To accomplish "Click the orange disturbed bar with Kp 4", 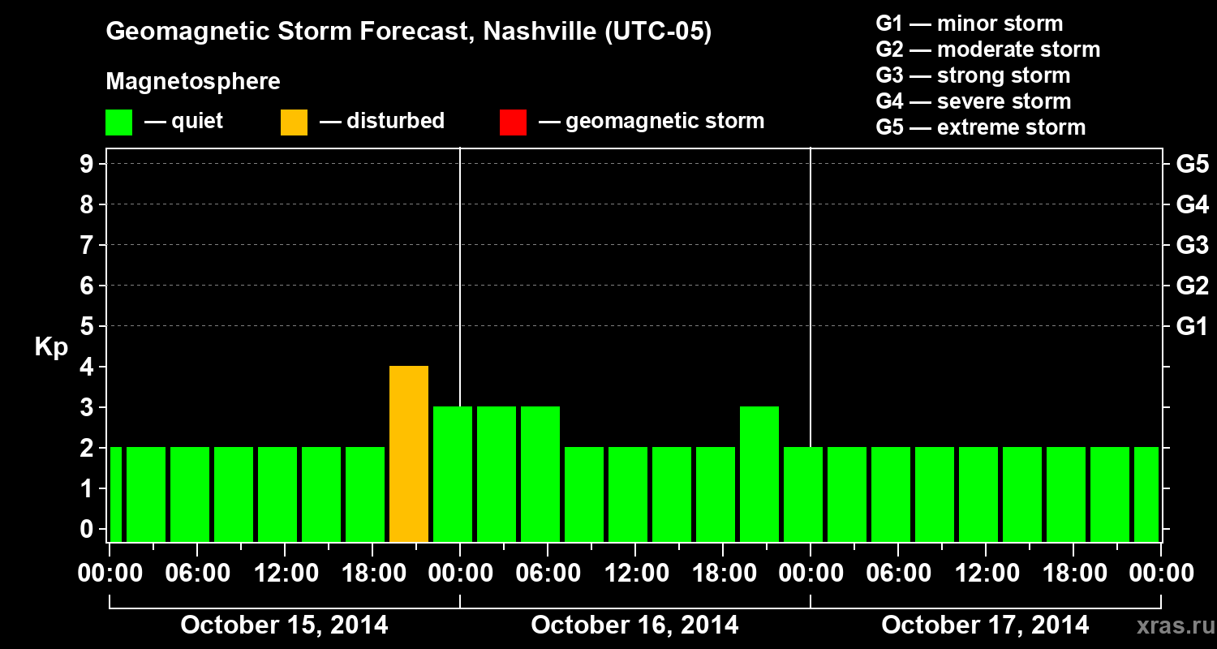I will [409, 453].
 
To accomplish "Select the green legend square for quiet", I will [118, 122].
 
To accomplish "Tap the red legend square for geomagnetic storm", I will [513, 122].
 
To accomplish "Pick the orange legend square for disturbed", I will [294, 122].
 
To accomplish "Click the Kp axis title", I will [51, 346].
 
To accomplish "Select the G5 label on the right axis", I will [1192, 164].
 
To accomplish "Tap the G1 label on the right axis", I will [1192, 326].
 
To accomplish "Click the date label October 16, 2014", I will [634, 625].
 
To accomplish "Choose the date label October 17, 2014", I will [985, 625].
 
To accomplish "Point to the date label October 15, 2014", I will [284, 625].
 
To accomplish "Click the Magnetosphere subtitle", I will [193, 82].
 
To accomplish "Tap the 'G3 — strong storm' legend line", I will [973, 75].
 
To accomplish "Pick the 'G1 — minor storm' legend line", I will [969, 24].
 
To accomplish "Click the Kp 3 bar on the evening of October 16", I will [759, 474].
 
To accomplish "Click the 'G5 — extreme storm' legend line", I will [980, 127].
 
